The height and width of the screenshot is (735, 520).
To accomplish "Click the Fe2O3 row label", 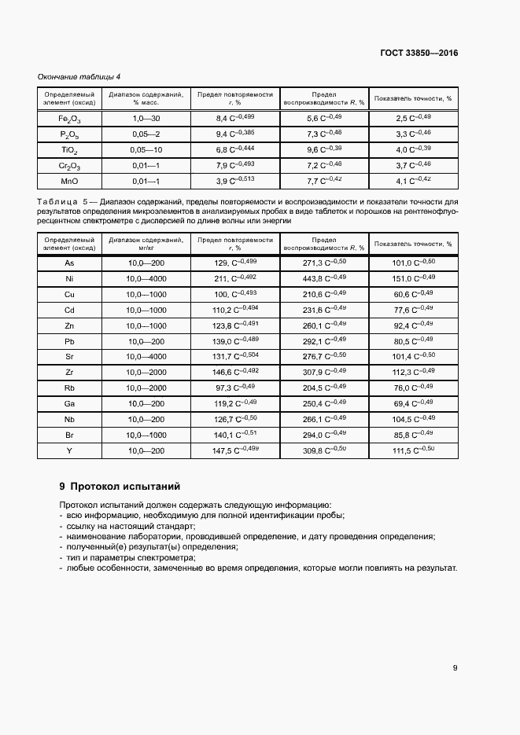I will coord(69,118).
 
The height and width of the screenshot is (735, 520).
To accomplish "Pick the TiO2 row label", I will coord(69,149).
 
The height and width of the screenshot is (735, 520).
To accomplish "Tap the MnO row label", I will coord(69,182).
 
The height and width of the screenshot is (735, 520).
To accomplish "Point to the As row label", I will coord(69,263).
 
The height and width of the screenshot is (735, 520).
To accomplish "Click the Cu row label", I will coord(69,294).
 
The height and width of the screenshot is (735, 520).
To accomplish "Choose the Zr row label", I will coord(69,372).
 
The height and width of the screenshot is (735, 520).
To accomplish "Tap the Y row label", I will coord(69,450).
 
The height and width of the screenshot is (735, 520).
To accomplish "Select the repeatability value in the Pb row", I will coord(235,341).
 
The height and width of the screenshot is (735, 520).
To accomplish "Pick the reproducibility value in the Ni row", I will coord(323,278).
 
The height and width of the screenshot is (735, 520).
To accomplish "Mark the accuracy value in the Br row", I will coord(413,435).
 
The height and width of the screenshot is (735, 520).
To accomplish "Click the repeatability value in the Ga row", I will coord(235,403).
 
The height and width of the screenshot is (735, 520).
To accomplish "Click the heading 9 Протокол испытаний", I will coord(120,486).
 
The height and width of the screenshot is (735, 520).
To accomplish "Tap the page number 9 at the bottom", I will coord(455,668).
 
